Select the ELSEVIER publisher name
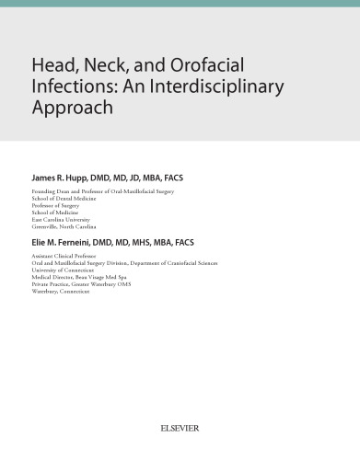coord(180,428)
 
